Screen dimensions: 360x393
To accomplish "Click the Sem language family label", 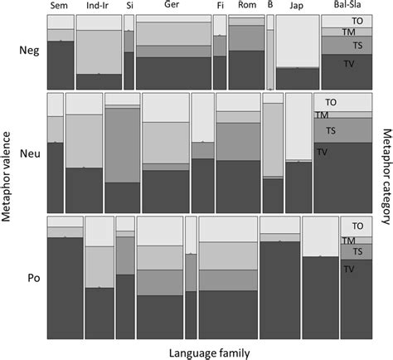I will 59,7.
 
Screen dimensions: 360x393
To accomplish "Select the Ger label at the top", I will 172,7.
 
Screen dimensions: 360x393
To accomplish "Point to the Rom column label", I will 246,7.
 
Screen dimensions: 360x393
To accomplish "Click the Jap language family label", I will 297,7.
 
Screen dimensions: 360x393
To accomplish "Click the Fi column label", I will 220,7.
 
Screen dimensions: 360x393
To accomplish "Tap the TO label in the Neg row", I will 357,19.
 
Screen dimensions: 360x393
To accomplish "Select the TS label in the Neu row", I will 331,130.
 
